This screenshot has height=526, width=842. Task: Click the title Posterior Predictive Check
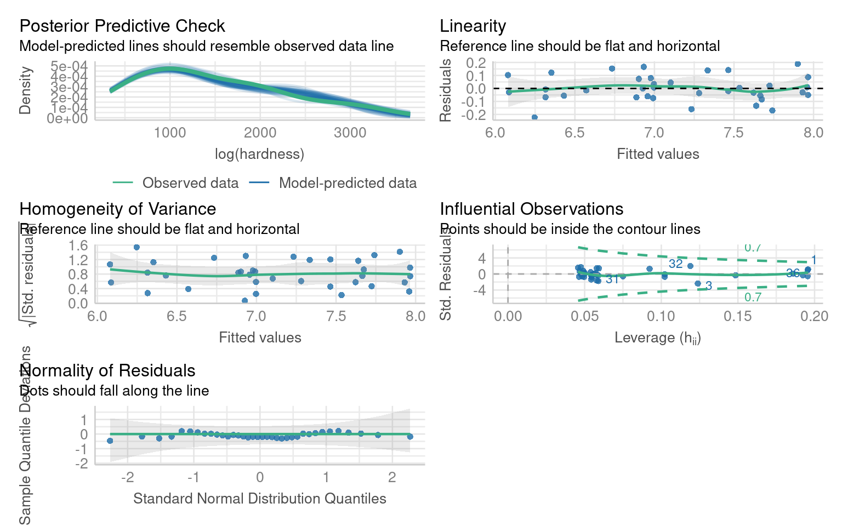click(122, 26)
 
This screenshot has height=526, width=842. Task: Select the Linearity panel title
click(473, 26)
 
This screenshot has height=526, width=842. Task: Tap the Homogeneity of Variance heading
click(117, 209)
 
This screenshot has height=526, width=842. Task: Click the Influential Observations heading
click(531, 209)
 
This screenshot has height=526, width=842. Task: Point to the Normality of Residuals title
click(107, 370)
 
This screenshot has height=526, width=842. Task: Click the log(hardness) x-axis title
click(259, 154)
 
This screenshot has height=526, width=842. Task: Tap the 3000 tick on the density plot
click(350, 133)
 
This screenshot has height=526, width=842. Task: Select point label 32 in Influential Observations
click(675, 264)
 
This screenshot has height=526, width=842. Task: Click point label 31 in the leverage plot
click(612, 279)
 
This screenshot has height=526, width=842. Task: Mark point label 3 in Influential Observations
click(708, 285)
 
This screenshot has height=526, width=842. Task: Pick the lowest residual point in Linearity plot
click(534, 117)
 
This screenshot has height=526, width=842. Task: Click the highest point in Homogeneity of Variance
click(136, 248)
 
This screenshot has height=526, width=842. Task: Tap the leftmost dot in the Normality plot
click(110, 441)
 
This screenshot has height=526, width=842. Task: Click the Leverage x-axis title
click(657, 338)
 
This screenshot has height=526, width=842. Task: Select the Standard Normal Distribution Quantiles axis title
click(259, 499)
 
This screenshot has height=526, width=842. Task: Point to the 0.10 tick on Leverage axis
click(661, 316)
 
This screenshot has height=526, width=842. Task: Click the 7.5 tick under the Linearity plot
click(733, 133)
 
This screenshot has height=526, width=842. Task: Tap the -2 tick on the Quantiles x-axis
click(127, 477)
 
